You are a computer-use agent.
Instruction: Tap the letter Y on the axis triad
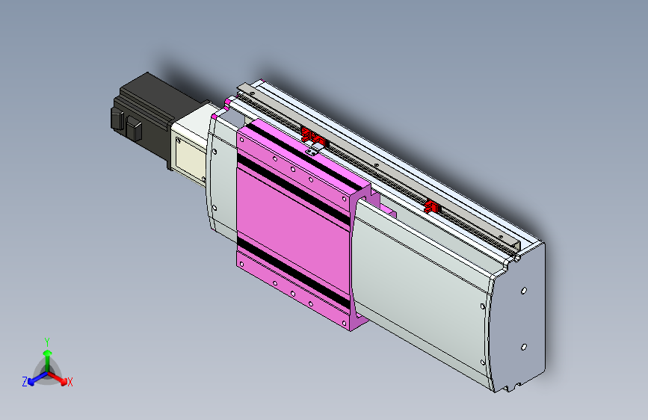click(x=47, y=342)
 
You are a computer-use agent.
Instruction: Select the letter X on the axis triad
click(x=70, y=383)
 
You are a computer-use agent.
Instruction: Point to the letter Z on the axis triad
click(x=25, y=382)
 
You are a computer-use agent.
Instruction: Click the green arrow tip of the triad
click(x=48, y=353)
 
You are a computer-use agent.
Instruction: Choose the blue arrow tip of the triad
click(x=31, y=382)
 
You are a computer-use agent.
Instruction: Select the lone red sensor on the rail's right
click(x=432, y=206)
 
